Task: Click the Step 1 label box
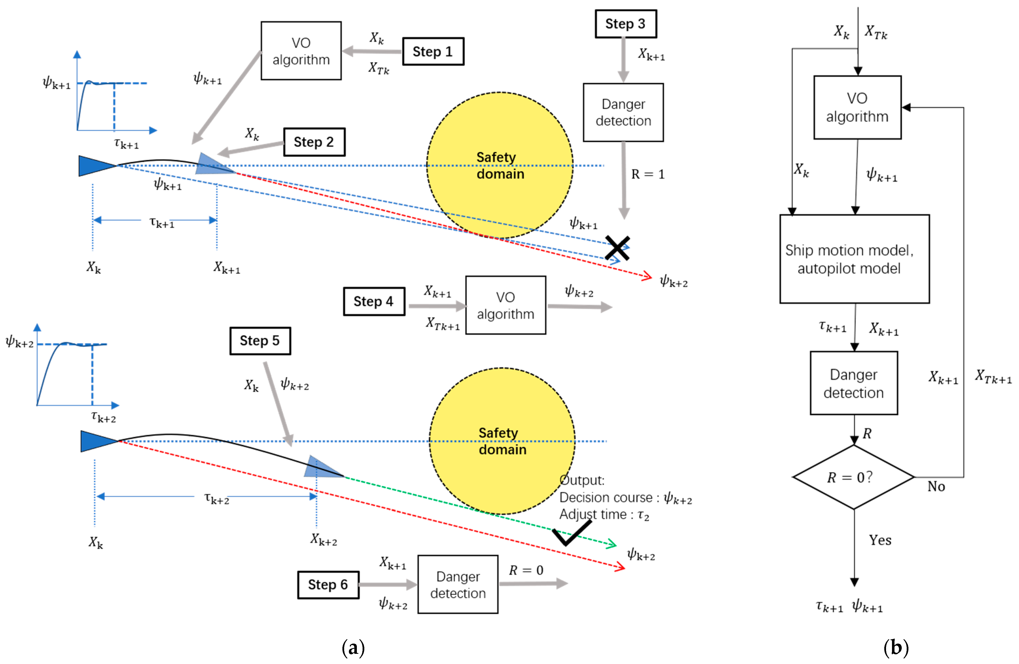(x=433, y=51)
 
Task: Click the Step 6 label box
(x=328, y=584)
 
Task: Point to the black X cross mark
(x=617, y=248)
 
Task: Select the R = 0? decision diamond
(x=853, y=477)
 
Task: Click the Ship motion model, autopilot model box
(x=854, y=259)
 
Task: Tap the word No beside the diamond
(x=936, y=486)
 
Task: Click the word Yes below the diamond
(x=880, y=540)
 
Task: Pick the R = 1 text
(x=648, y=174)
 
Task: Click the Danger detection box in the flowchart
(x=853, y=383)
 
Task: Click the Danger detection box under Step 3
(x=623, y=112)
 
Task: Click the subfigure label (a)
(x=353, y=648)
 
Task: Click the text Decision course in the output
(x=606, y=498)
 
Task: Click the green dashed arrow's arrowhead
(x=612, y=544)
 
